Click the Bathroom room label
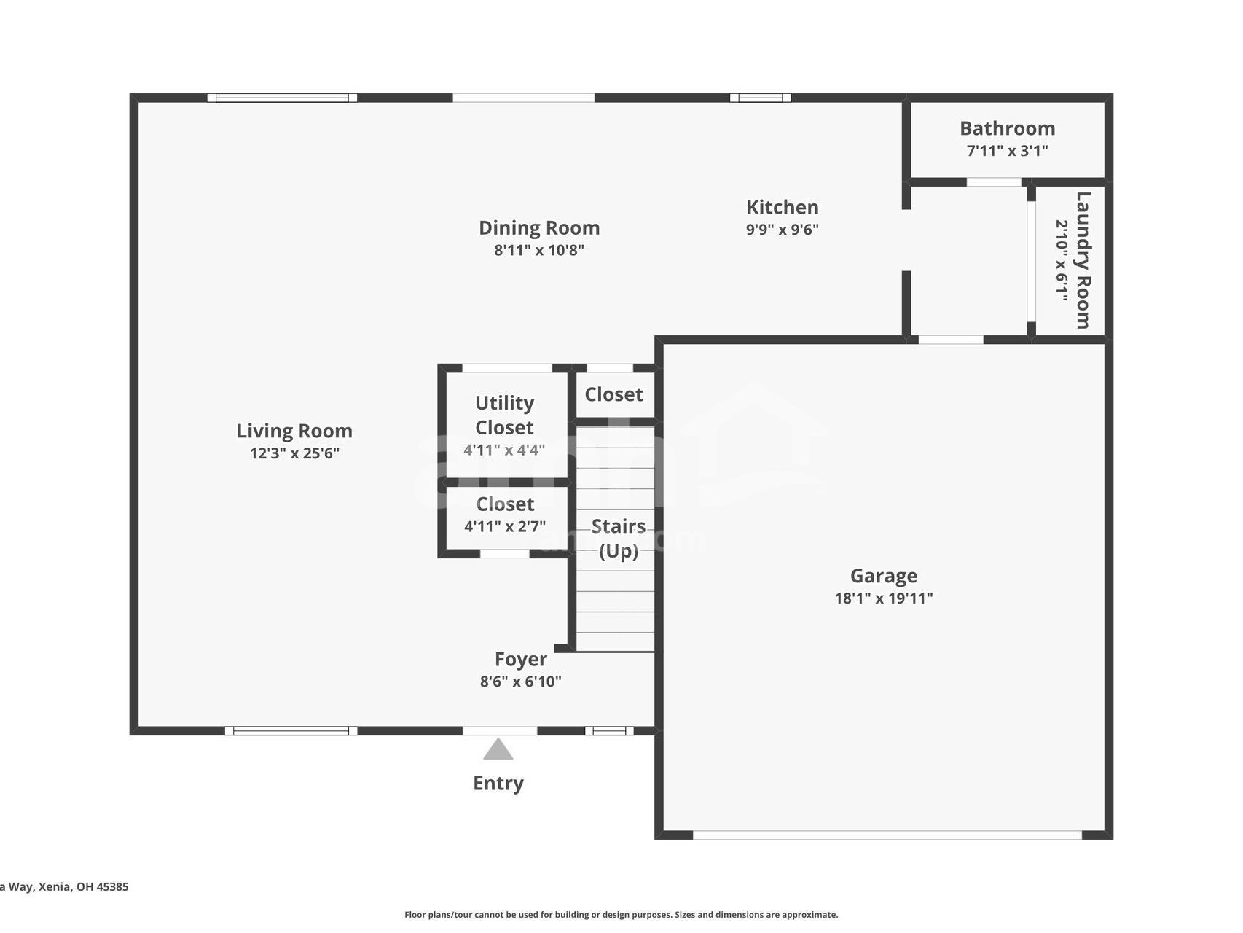tap(1007, 128)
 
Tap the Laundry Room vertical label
tap(1083, 260)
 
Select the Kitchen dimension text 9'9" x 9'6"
tap(782, 230)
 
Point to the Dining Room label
tap(539, 227)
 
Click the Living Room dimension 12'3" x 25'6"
tap(294, 453)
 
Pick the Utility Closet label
tap(504, 415)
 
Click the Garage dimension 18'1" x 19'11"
tap(883, 598)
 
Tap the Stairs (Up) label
tap(618, 538)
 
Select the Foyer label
tap(520, 659)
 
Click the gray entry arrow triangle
tap(498, 750)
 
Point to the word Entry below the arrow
tap(498, 783)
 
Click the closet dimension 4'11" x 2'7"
tap(505, 526)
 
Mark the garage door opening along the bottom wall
tap(887, 835)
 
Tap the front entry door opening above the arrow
tap(500, 730)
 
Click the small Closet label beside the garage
tap(613, 394)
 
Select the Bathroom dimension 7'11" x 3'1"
tap(1007, 151)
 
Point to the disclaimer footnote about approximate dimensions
tap(621, 915)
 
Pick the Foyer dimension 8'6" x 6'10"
tap(520, 682)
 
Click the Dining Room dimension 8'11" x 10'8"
tap(539, 250)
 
